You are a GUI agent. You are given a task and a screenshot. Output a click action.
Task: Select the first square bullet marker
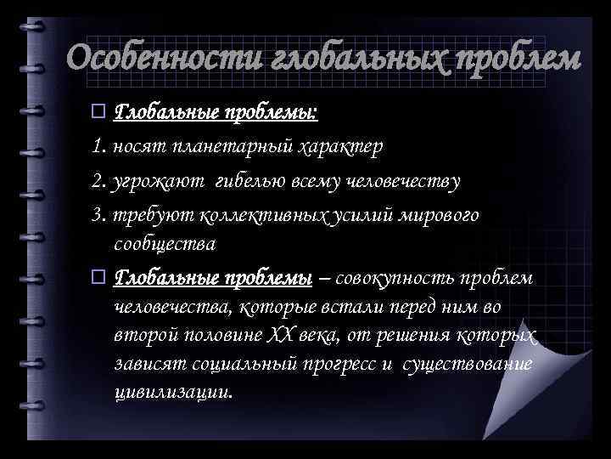[x=98, y=111]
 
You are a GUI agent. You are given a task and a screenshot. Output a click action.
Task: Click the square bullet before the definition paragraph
[x=98, y=278]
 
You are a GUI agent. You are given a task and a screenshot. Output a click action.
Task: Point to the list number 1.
[x=98, y=147]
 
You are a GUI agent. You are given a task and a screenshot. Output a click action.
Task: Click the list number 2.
[x=98, y=181]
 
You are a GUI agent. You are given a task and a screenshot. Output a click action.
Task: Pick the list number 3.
[x=98, y=215]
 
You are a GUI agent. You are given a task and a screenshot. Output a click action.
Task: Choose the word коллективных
[x=258, y=215]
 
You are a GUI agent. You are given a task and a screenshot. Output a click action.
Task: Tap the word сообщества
[x=165, y=244]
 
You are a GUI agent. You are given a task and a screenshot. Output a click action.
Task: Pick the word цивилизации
[x=171, y=393]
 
